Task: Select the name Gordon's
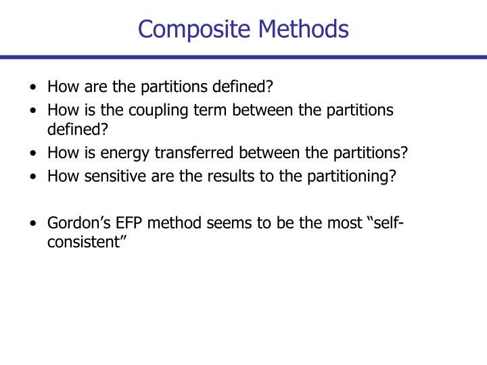pos(74,224)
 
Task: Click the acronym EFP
pos(119,224)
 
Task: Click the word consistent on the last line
pos(87,241)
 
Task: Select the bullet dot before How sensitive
pos(34,177)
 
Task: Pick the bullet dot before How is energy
pos(34,153)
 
